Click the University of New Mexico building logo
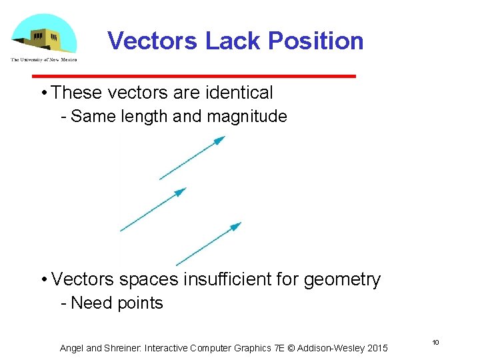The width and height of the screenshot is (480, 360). point(44,37)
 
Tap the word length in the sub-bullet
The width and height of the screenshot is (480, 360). point(145,117)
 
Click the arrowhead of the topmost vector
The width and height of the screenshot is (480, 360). point(220,139)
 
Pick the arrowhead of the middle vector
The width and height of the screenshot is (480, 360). point(181,191)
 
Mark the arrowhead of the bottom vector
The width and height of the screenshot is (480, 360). point(235,227)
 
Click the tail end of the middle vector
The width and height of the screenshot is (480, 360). point(121,231)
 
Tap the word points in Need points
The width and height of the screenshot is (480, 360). point(139,303)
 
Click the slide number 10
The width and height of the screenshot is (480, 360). point(435,342)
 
